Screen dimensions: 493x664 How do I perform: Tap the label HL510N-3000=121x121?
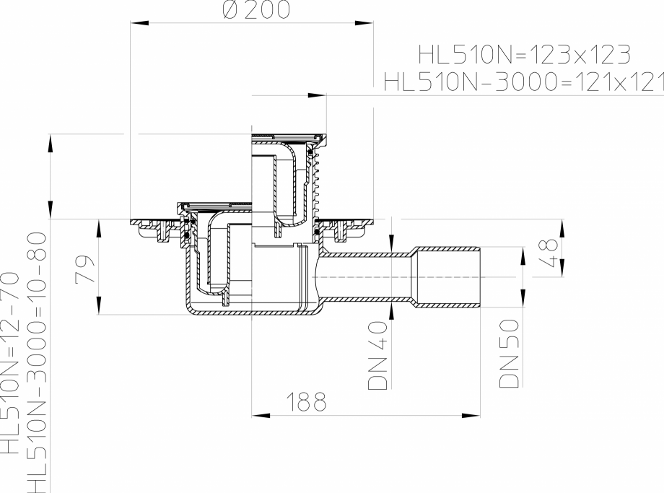tap(523, 82)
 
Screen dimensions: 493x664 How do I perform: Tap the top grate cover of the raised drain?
tap(287, 135)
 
